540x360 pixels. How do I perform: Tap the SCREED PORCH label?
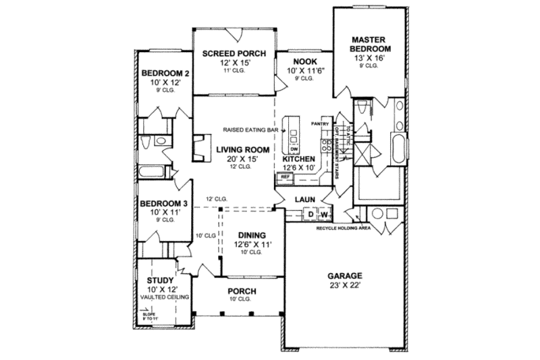tap(234, 54)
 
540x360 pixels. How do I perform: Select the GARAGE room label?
tap(345, 276)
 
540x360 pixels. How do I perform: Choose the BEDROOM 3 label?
tap(163, 203)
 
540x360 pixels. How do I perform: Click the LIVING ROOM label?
tap(243, 150)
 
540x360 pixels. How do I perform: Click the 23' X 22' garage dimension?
tap(345, 286)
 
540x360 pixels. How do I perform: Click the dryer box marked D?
tap(311, 215)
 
